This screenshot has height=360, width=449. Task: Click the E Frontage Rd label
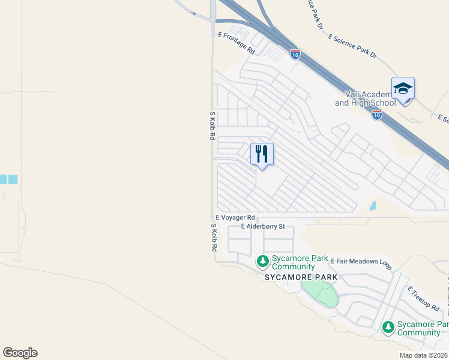[x=237, y=44]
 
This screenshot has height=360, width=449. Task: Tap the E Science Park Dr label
[x=352, y=46]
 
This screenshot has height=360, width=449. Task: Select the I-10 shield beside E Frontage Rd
[x=295, y=54]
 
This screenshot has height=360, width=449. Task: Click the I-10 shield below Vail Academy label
[x=376, y=115]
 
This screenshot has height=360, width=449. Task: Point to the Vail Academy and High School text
[x=365, y=98]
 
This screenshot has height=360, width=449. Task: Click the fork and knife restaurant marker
[x=262, y=154]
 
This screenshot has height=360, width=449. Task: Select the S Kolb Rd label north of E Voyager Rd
[x=212, y=125]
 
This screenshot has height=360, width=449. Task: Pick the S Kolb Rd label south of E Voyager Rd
[x=213, y=237]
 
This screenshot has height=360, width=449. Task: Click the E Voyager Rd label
[x=235, y=217]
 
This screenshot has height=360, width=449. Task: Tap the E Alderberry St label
[x=262, y=227]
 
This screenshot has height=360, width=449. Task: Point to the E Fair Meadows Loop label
[x=361, y=262]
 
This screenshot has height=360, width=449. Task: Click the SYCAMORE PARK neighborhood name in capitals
[x=302, y=278]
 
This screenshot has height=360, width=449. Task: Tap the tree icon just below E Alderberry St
[x=262, y=262]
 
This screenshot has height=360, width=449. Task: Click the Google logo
[x=20, y=353]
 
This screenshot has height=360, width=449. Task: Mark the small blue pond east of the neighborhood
[x=373, y=206]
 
